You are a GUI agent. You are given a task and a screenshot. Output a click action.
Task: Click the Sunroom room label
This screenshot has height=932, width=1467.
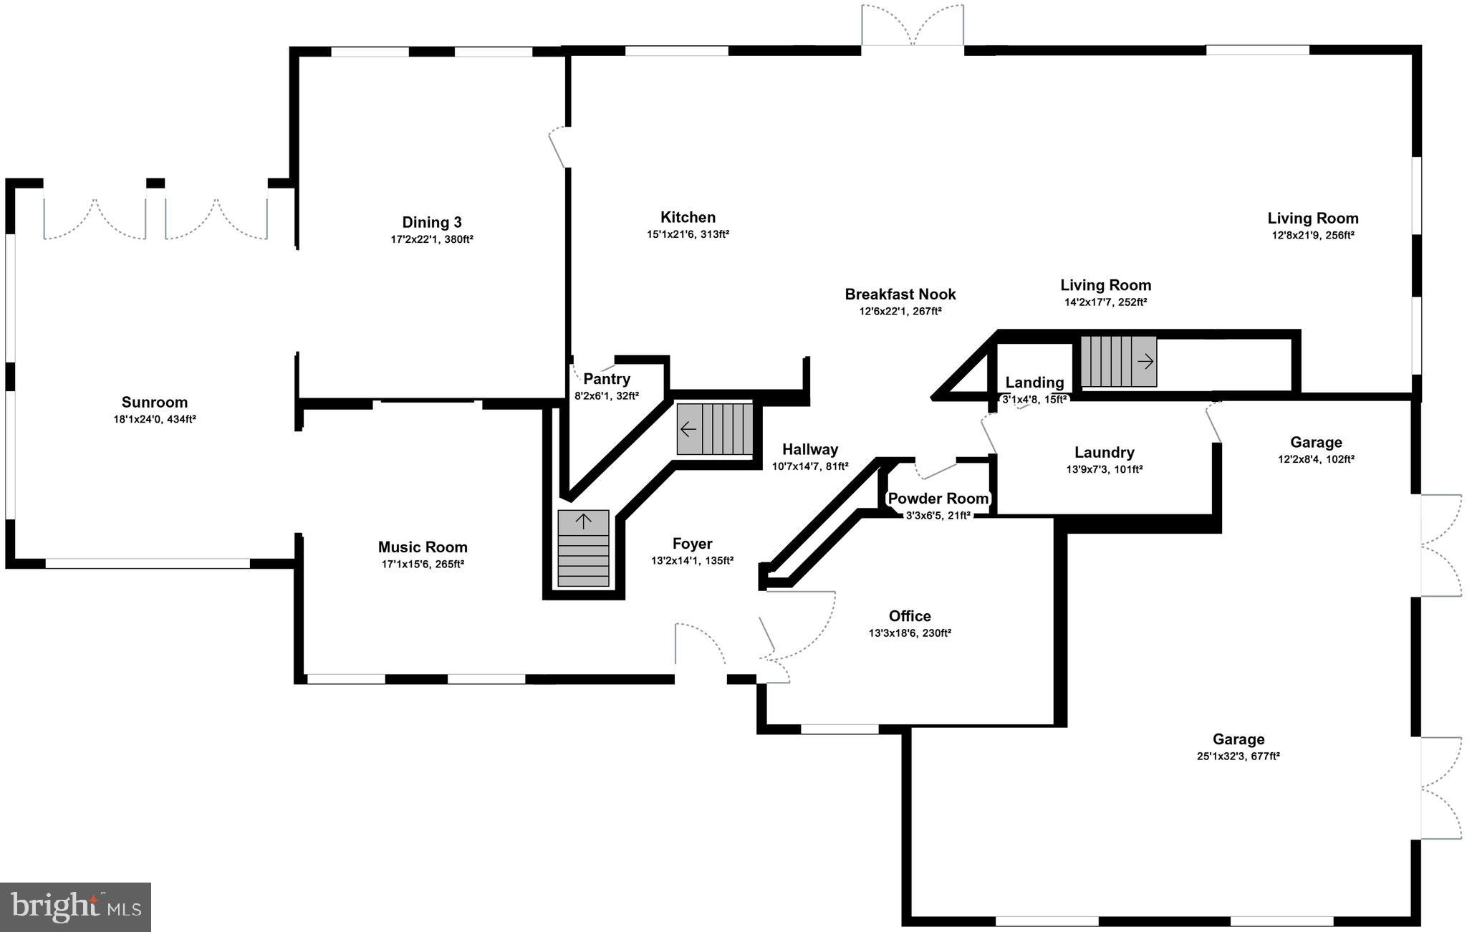[154, 403]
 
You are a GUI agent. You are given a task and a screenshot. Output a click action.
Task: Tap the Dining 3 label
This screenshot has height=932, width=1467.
[432, 222]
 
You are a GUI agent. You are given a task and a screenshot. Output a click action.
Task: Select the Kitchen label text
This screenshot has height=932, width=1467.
[688, 217]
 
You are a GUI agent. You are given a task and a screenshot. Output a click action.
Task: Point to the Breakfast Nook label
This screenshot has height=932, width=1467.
[900, 294]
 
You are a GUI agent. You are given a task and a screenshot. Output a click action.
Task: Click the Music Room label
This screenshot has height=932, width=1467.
[423, 547]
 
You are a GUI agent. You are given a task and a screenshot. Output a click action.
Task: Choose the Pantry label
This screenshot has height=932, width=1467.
[607, 379]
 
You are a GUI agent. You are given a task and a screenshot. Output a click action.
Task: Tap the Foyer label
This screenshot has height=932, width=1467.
[692, 544]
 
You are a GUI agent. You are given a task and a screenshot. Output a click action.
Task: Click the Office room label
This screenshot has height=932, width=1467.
[910, 616]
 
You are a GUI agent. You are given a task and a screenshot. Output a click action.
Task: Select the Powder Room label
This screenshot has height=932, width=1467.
[938, 499]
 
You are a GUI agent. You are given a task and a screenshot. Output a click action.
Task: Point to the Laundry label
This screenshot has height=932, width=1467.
[1104, 453]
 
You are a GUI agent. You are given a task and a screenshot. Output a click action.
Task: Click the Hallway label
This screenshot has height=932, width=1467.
[810, 449]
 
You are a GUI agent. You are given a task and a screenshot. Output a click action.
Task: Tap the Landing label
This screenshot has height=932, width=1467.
[1034, 383]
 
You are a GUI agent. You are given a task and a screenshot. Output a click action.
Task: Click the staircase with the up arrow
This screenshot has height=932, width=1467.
[583, 549]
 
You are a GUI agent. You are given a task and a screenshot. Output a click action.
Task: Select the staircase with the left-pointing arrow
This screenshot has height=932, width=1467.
[716, 429]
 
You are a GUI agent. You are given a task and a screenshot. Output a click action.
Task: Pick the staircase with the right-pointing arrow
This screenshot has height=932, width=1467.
[1118, 362]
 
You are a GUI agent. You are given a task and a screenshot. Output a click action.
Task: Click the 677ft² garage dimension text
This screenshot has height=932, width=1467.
[1238, 756]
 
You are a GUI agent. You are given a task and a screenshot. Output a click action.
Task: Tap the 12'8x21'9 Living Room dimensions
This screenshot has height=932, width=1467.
[1312, 235]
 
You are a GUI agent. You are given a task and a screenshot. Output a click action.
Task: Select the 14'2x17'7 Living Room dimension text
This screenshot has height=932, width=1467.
[1105, 302]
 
